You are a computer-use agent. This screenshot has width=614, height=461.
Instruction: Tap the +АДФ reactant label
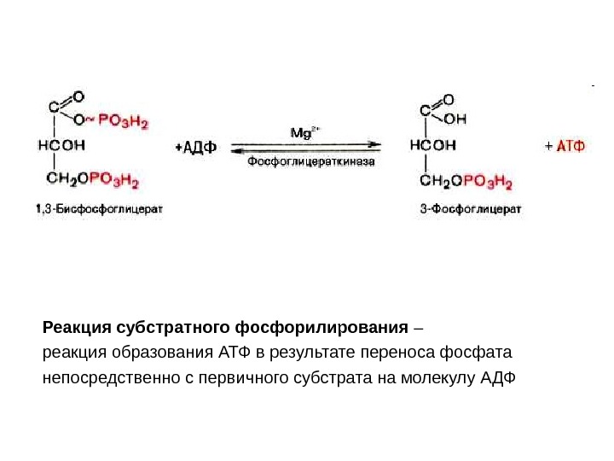tap(195, 148)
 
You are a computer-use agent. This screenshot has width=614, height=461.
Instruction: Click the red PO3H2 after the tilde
tap(124, 122)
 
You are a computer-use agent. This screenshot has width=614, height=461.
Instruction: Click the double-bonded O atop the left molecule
tap(78, 97)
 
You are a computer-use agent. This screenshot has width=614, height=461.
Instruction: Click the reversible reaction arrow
tap(309, 147)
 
